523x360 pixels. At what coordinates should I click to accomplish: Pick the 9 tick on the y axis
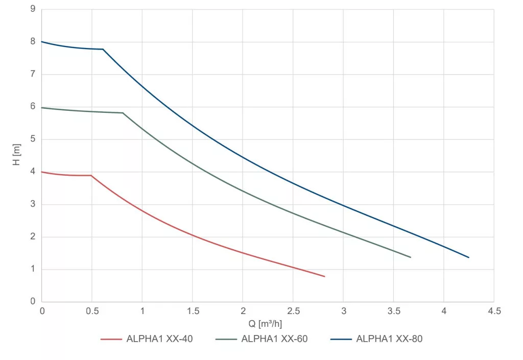click(x=33, y=9)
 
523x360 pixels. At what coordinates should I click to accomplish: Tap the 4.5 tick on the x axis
click(x=494, y=311)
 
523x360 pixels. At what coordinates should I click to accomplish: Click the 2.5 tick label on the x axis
click(x=293, y=311)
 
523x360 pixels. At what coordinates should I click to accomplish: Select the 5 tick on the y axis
click(x=33, y=139)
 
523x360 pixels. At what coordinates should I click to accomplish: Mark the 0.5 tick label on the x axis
click(x=91, y=311)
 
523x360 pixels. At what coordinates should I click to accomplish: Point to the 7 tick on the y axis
click(x=33, y=74)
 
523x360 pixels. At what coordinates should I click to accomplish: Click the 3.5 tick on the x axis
click(x=393, y=311)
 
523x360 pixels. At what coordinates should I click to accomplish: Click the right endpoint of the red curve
click(x=324, y=276)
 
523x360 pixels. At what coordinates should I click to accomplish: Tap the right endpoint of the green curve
click(x=411, y=257)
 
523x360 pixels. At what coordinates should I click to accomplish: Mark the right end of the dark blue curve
click(x=469, y=257)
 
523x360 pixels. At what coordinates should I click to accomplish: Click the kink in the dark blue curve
click(x=103, y=49)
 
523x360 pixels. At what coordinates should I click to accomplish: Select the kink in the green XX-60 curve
click(x=123, y=113)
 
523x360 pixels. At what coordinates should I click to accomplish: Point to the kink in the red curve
click(x=91, y=176)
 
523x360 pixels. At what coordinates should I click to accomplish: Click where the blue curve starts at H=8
click(x=42, y=42)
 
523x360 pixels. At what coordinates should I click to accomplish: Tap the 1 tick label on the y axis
click(x=33, y=269)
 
